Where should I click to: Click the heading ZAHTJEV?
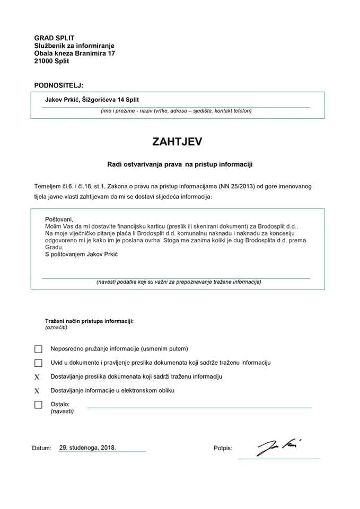(177, 142)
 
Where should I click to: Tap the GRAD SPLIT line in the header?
(54, 38)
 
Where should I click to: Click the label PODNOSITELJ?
(58, 85)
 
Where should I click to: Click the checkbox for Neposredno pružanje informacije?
(38, 349)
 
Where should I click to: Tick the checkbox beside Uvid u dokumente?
(38, 363)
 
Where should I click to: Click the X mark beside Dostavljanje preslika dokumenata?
(37, 377)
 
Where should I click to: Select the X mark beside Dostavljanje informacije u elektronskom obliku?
(37, 391)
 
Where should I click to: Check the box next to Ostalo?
(38, 405)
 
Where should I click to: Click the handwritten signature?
(279, 447)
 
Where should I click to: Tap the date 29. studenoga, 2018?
(87, 447)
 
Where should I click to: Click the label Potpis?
(223, 449)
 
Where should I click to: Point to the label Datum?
(42, 449)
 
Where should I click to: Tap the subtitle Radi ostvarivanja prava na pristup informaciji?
(180, 165)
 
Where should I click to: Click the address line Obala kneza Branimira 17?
(74, 54)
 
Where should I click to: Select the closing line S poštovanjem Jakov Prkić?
(81, 254)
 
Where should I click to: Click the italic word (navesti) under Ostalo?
(62, 411)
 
